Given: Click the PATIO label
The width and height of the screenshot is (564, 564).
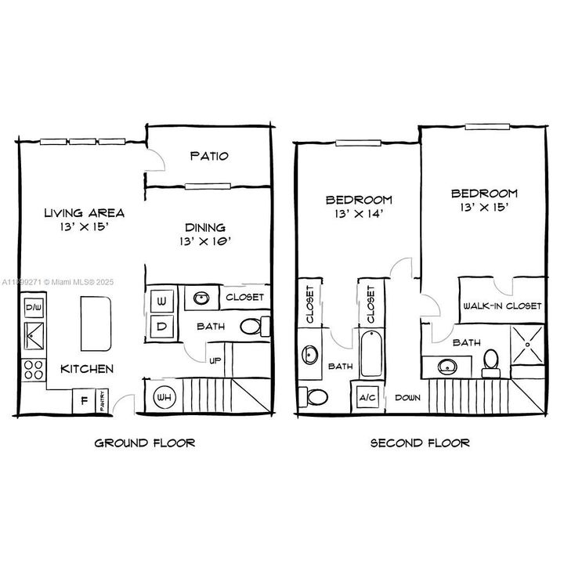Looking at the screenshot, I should click(209, 156).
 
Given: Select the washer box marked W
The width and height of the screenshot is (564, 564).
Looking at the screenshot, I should click(162, 300).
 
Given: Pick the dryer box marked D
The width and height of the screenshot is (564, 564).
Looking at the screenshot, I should click(162, 326).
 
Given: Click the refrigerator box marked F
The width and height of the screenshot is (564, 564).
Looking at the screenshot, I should click(83, 401).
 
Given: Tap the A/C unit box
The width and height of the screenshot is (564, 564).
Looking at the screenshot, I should click(367, 397).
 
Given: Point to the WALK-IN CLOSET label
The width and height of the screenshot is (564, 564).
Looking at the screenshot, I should click(502, 305).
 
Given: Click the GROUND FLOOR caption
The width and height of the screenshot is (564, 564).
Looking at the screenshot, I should click(144, 443).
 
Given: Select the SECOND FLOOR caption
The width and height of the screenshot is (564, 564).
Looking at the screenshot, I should click(420, 443).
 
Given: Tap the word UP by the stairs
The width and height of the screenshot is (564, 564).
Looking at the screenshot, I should click(213, 360).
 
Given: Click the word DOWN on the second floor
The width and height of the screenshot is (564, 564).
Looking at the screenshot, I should click(408, 397).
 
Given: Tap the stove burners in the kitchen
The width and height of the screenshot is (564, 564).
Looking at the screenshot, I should click(34, 370).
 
